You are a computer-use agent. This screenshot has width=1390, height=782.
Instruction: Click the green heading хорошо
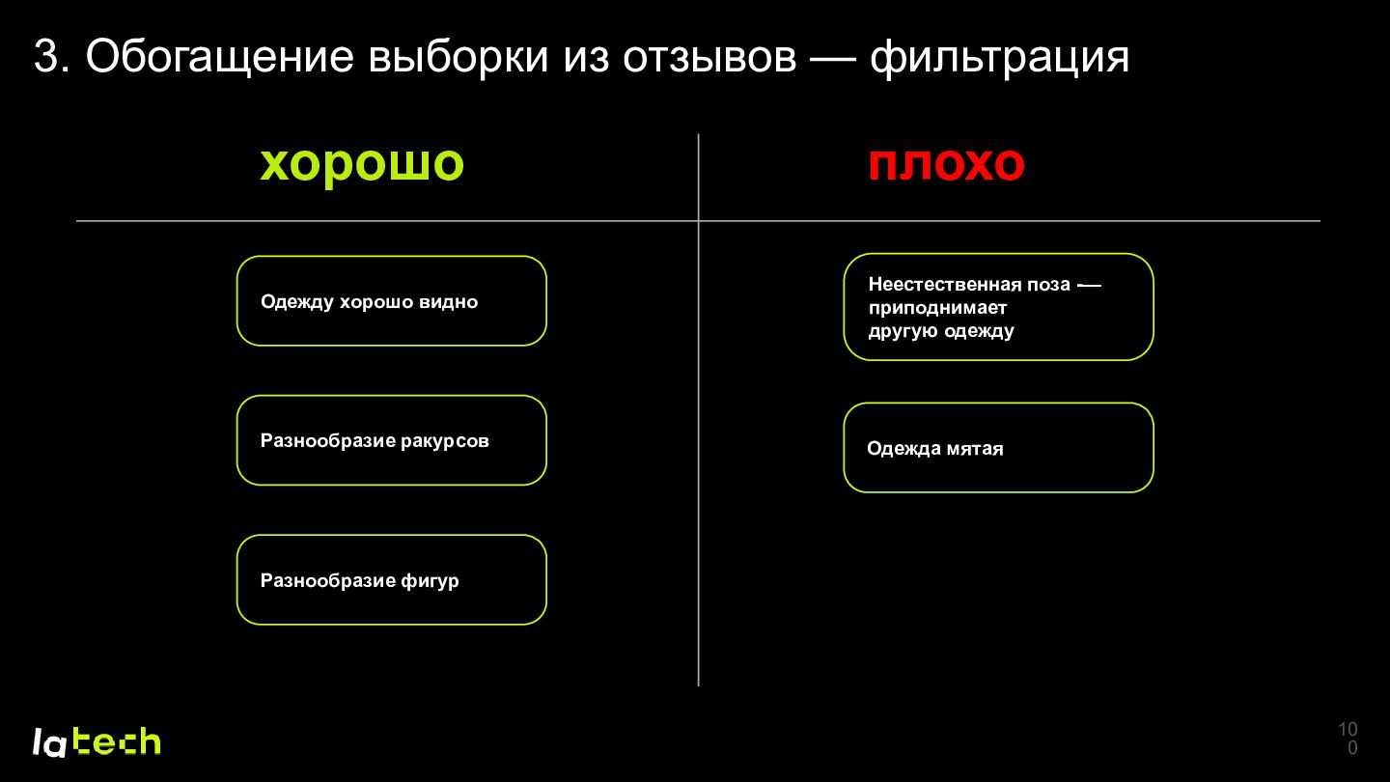(362, 165)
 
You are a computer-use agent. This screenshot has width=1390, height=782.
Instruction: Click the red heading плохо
(946, 164)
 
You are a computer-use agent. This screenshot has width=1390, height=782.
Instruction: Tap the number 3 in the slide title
(46, 56)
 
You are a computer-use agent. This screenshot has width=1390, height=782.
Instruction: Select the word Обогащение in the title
(220, 58)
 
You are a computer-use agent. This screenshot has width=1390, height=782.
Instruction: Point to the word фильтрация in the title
(999, 58)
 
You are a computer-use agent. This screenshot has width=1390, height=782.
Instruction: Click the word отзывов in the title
(709, 57)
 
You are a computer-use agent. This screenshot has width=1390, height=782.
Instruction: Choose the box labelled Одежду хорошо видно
(392, 301)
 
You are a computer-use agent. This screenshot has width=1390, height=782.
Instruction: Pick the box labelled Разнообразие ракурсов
(392, 440)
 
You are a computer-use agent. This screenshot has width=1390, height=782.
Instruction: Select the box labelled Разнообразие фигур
(392, 579)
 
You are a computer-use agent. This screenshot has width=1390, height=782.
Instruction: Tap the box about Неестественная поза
(998, 307)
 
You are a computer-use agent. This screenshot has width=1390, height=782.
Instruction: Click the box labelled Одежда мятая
(998, 448)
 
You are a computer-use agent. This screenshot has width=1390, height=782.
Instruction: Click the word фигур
(430, 581)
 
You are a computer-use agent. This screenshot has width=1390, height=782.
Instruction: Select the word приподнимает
(937, 309)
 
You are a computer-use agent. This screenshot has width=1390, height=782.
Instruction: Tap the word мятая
(975, 449)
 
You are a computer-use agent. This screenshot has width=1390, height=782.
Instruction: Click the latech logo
(97, 742)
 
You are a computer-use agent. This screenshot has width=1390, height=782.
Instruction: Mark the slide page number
(1348, 738)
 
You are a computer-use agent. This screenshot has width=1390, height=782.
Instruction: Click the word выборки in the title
(459, 57)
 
